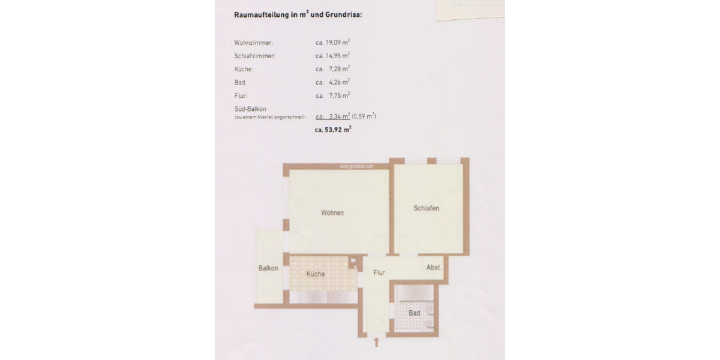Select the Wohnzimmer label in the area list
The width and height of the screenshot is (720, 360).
coord(254,43)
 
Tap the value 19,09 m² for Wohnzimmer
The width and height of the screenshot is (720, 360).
coord(333,43)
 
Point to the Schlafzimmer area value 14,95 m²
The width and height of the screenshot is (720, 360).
coord(333,56)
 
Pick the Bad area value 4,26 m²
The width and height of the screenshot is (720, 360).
coord(333,82)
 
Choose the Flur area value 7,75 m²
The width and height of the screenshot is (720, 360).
coord(333,95)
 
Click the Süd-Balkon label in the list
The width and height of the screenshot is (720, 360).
coord(250,109)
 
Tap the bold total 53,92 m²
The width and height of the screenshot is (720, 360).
coord(333,129)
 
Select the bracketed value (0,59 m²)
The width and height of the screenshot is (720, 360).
coord(365,116)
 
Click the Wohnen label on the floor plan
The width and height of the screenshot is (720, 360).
coord(332,213)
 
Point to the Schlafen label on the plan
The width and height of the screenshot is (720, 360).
coord(427,208)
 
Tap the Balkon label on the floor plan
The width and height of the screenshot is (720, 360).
coord(268,268)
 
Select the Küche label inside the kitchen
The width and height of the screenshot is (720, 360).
coord(316,274)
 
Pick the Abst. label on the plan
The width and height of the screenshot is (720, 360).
coord(433,268)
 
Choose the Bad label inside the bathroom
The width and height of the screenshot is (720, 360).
coord(414,313)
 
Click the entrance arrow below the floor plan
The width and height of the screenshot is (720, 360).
coord(377,343)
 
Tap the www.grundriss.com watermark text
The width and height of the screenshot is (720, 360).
coord(356,166)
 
